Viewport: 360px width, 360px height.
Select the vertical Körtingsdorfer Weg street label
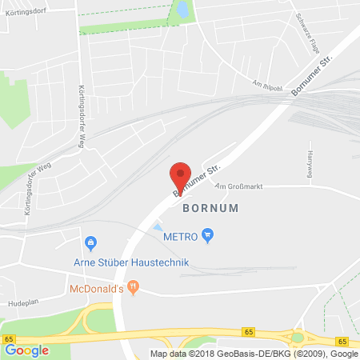pyautogui.click(x=82, y=118)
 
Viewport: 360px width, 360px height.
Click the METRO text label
pyautogui.click(x=181, y=235)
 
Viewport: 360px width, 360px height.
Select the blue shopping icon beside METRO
pyautogui.click(x=208, y=234)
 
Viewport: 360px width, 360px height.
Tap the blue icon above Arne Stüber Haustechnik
pyautogui.click(x=90, y=242)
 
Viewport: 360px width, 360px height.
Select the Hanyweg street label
pyautogui.click(x=310, y=163)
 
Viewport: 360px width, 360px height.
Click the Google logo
pyautogui.click(x=27, y=350)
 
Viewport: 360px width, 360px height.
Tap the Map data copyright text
pyautogui.click(x=254, y=354)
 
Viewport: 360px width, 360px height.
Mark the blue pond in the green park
pyautogui.click(x=183, y=10)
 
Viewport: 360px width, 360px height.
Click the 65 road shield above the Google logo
pyautogui.click(x=7, y=340)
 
